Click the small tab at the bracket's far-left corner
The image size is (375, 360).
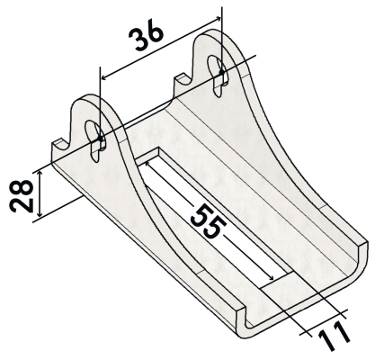tap(59, 144)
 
